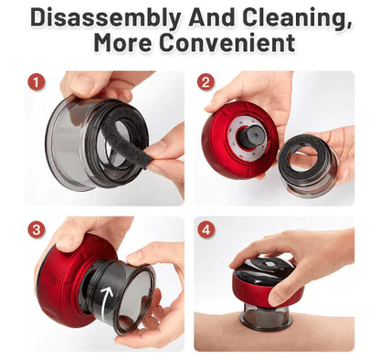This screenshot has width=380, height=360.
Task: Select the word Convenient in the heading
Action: pos(225,43)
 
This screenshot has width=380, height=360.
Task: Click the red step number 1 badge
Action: pos(36,81)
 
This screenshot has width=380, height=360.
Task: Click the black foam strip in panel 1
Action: pos(126,135)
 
